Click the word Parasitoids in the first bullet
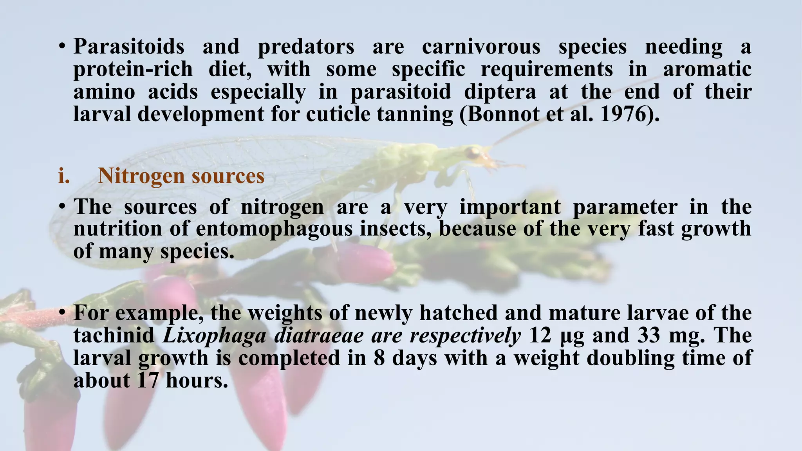coord(129,47)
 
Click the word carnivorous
coord(481,47)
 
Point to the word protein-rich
coord(133,70)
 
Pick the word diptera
coord(500,92)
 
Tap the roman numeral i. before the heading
coord(64,176)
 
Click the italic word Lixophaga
coord(214,336)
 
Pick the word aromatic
coord(707,70)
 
